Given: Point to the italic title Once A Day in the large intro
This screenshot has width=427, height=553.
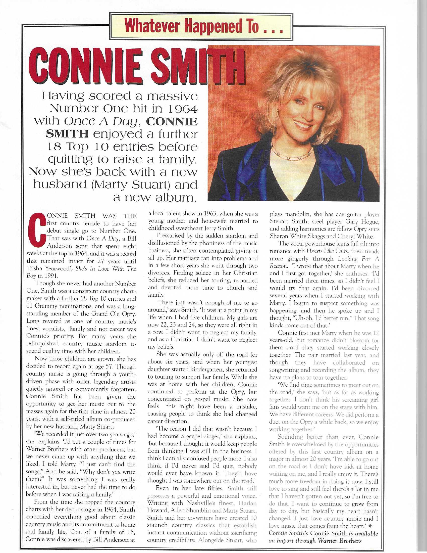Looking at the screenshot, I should (x=101, y=121).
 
